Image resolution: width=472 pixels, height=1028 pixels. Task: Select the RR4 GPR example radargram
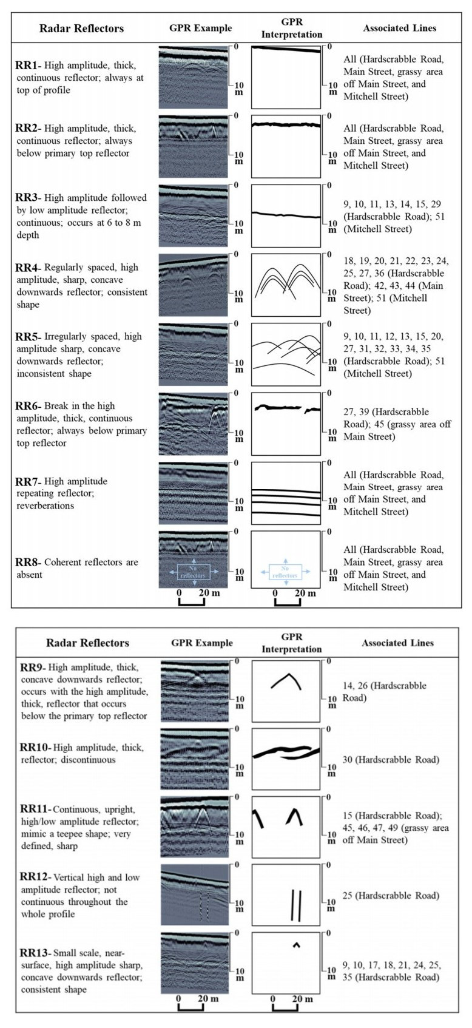(x=193, y=285)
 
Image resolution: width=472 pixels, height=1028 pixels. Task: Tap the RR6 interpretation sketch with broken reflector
(x=286, y=424)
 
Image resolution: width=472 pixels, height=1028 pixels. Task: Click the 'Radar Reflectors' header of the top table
(x=81, y=28)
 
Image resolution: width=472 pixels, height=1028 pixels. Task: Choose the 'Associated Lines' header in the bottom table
(x=397, y=643)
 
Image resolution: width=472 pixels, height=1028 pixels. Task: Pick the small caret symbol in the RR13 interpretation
(x=296, y=944)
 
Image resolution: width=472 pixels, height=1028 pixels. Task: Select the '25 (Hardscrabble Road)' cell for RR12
(x=390, y=895)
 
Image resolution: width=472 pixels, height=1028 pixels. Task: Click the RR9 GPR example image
(x=195, y=691)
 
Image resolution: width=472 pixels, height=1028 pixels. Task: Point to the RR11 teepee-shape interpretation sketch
(x=286, y=827)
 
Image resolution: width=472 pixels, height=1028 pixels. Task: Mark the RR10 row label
(x=36, y=748)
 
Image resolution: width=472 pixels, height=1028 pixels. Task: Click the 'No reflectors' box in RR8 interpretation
(x=285, y=572)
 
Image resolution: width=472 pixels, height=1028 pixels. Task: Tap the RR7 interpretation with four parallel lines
(x=286, y=493)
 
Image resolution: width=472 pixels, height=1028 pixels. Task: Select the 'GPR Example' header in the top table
(x=200, y=28)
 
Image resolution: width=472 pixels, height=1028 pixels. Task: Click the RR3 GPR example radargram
(x=193, y=215)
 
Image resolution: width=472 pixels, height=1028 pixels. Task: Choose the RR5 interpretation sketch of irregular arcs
(x=286, y=354)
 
